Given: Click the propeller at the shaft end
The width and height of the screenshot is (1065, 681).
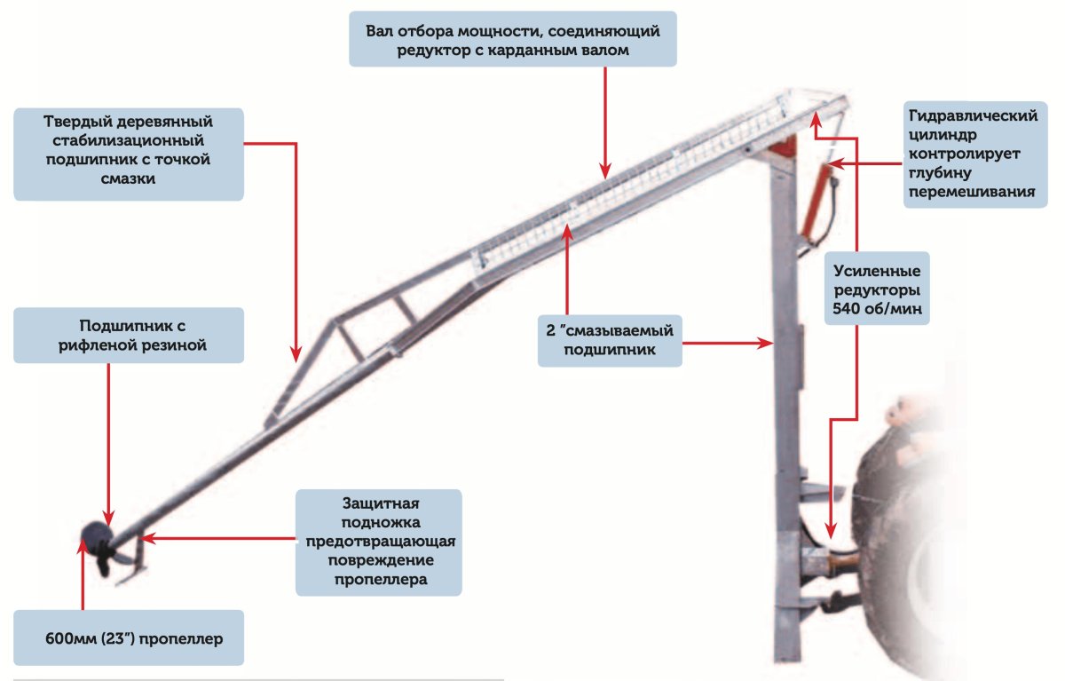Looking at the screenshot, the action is click(99, 548).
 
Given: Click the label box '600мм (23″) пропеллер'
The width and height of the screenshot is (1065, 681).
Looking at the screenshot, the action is click(129, 637).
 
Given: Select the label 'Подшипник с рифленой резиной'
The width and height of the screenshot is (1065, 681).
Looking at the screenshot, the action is click(129, 336).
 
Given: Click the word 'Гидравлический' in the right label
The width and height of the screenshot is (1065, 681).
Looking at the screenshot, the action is click(973, 116).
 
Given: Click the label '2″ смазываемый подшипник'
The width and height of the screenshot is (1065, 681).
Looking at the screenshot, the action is click(610, 341).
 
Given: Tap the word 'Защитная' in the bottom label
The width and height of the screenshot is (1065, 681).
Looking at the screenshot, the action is click(381, 503).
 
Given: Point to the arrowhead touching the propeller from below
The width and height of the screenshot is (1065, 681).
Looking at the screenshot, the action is click(83, 546).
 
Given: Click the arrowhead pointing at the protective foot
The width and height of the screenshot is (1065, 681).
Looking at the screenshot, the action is click(148, 538).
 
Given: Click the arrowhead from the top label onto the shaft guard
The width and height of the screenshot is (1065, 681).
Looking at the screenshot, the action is click(604, 170).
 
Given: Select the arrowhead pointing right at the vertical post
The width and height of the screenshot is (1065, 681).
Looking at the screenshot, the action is click(765, 343).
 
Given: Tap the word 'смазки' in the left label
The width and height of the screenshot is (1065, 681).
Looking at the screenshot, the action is click(129, 178).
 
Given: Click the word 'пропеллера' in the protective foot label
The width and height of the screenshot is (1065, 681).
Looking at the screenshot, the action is click(381, 580).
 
